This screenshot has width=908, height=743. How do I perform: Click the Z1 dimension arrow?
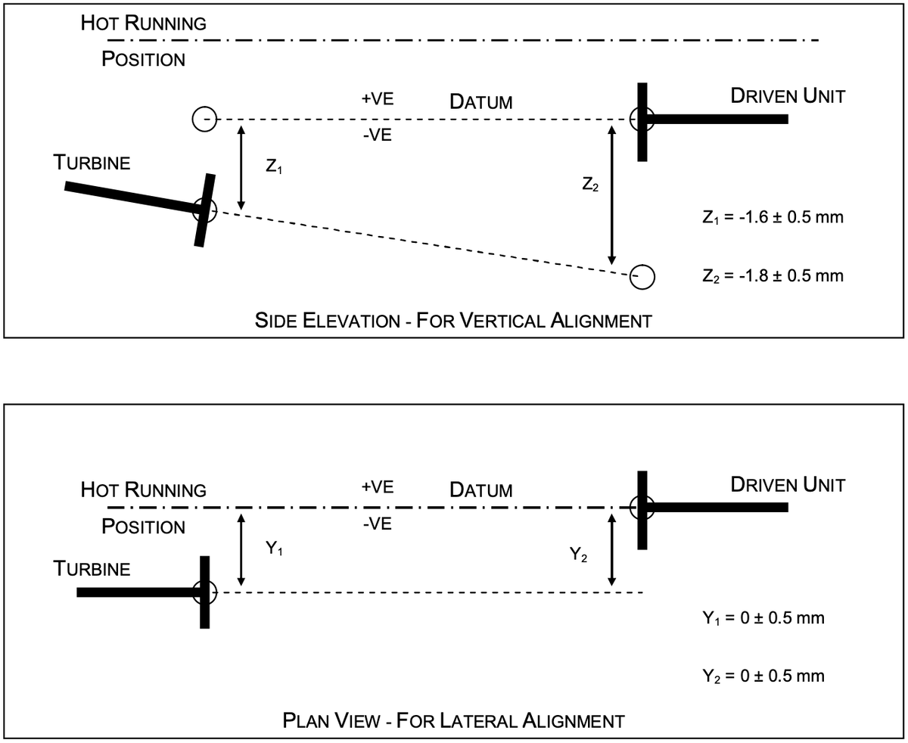[241, 167]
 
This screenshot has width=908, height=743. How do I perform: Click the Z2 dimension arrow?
[611, 195]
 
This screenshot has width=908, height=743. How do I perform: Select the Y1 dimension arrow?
[241, 550]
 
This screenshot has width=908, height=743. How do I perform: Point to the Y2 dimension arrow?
[611, 550]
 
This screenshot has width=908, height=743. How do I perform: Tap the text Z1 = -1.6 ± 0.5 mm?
[773, 217]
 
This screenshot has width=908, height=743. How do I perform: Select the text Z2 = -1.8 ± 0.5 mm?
[773, 276]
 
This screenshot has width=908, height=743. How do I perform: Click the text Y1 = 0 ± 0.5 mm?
[763, 618]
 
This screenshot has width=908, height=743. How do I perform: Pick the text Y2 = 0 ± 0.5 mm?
[763, 676]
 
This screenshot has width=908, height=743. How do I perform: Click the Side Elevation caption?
[453, 321]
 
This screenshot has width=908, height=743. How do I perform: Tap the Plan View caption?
[453, 720]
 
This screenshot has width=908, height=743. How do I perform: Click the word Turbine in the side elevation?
[92, 163]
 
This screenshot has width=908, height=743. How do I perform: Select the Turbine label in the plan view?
[92, 569]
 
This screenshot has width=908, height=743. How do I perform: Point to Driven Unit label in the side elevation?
[788, 96]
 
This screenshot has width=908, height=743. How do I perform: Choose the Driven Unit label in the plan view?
[788, 485]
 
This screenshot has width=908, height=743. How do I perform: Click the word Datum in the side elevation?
[481, 102]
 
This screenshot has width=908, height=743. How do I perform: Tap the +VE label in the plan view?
[378, 487]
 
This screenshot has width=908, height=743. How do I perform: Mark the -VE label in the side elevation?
[378, 135]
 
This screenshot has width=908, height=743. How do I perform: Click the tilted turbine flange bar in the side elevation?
[204, 210]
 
